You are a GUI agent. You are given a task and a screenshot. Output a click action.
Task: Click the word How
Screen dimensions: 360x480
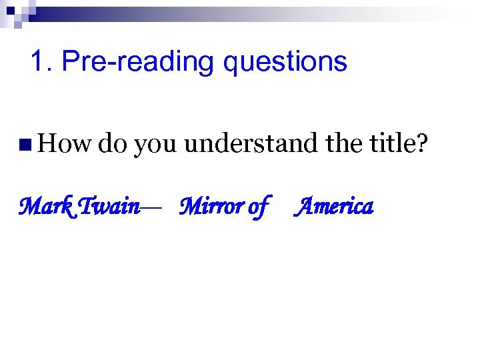click(65, 142)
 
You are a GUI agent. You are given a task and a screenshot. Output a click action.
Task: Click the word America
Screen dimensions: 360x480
click(335, 207)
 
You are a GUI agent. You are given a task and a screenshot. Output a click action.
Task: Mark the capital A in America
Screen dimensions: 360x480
click(307, 207)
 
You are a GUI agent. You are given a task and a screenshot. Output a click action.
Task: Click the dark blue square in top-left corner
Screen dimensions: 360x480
click(11, 11)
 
